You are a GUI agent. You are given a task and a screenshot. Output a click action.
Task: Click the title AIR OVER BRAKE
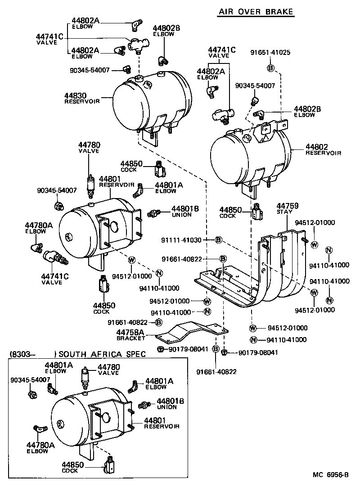coord(256,12)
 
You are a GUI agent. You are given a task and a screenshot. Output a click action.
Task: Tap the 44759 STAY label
coord(284,208)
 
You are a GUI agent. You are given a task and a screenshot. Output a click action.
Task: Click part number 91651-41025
coord(270,52)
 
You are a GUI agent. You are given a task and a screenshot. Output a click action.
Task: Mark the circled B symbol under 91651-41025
coord(270,68)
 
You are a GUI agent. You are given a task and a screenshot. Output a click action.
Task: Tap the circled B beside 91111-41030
coord(218,240)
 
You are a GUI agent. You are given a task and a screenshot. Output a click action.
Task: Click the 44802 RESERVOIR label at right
coord(323,149)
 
